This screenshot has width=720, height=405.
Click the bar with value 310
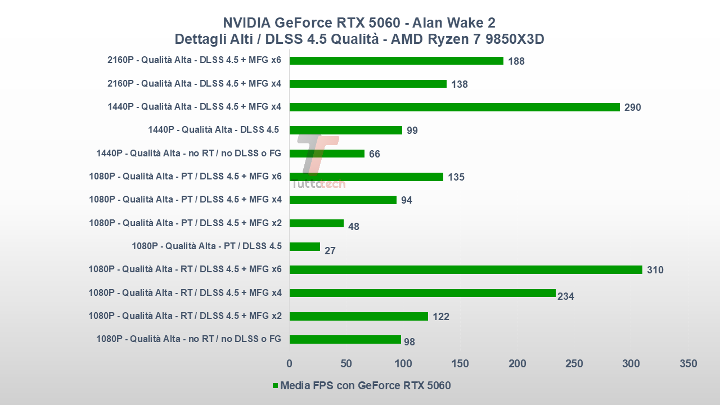point(466,269)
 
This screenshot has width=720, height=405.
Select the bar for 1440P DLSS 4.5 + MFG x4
point(454,107)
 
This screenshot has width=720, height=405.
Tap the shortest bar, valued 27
point(305,246)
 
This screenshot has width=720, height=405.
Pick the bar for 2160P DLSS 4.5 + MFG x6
point(397,60)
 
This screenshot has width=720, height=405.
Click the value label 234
point(566,296)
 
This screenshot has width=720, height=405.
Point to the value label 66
point(375,154)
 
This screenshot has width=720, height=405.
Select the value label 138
point(460,84)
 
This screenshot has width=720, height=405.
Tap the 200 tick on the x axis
point(517,364)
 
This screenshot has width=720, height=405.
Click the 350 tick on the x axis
point(688,364)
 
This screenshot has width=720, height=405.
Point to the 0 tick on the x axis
point(290,364)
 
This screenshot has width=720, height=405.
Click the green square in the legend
point(276,386)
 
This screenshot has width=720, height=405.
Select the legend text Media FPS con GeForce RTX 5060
point(366,386)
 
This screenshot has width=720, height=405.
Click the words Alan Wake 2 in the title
point(453,22)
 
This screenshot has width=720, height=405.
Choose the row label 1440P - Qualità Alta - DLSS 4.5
point(214,130)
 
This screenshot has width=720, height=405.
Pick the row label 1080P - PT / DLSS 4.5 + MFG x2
point(185,223)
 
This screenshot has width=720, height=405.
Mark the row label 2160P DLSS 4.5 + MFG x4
point(194,84)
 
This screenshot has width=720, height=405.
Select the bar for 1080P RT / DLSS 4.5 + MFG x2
point(359,316)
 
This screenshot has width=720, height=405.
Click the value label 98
point(409,342)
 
